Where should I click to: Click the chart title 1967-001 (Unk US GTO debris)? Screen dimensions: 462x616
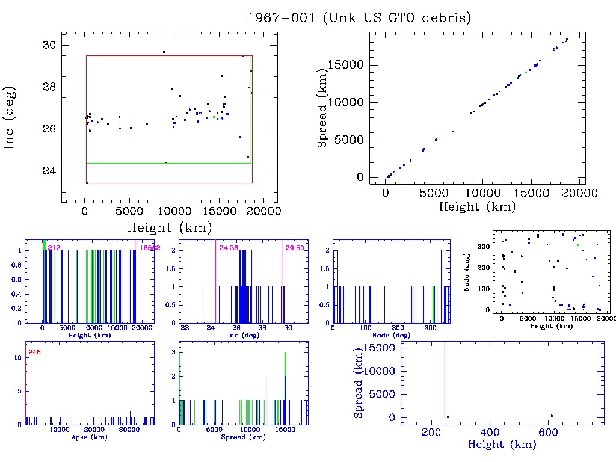tap(359, 18)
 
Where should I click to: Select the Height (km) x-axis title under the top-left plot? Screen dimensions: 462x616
tap(169, 227)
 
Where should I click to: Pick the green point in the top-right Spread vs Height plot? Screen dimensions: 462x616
tap(526, 73)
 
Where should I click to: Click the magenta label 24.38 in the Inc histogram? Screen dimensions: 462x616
tap(229, 248)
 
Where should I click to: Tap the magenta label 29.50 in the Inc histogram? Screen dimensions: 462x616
tap(295, 248)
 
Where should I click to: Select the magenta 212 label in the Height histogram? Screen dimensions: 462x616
tap(54, 248)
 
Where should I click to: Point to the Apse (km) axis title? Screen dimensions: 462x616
tap(89, 437)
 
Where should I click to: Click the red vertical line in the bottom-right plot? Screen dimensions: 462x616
tap(445, 379)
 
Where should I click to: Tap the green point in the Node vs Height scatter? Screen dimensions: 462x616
tap(577, 245)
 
